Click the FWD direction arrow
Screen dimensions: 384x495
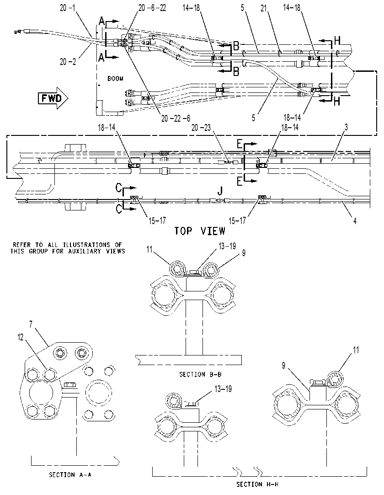[53, 98]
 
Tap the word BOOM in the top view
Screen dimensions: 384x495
[115, 78]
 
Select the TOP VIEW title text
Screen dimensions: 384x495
[200, 231]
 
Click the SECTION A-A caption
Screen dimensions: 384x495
[70, 475]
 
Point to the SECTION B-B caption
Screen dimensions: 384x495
[200, 374]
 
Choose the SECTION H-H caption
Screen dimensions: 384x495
[257, 484]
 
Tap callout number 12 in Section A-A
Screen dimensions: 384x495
[21, 338]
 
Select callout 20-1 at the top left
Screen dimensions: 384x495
[68, 8]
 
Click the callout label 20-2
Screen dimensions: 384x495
[68, 62]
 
